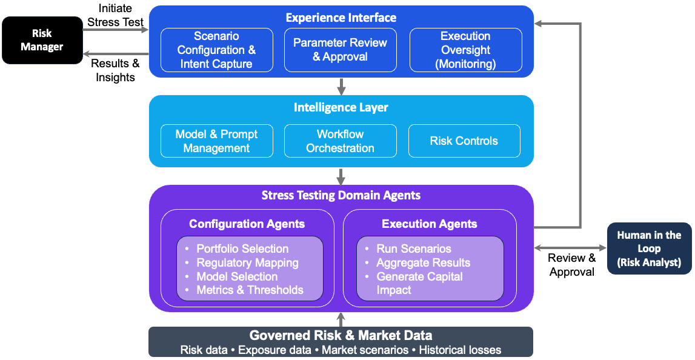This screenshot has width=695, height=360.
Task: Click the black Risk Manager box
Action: (42, 40)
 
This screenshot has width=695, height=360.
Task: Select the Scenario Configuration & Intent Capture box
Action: (216, 50)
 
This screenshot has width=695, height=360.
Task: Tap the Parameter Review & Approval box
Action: (340, 50)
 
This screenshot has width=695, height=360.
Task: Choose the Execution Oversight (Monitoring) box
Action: (465, 50)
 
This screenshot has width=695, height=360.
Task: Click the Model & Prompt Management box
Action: (216, 141)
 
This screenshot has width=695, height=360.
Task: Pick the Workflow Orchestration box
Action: (340, 141)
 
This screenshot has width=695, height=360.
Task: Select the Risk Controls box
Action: (464, 141)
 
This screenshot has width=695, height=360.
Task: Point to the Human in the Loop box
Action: (649, 248)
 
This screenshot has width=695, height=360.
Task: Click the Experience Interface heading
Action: (341, 18)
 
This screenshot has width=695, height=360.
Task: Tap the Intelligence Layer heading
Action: (341, 108)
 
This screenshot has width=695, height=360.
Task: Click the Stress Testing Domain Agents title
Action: (341, 195)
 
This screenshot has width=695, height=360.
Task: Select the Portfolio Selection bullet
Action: (242, 249)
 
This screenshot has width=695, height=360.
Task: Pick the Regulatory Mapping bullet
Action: (247, 263)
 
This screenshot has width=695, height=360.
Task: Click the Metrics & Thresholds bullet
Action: (250, 290)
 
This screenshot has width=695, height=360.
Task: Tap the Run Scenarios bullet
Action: (414, 249)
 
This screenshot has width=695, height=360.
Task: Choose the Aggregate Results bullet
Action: (423, 263)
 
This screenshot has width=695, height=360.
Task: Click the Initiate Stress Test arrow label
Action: (115, 16)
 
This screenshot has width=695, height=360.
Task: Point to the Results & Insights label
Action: (115, 70)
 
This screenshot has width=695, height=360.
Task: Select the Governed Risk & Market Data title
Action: (341, 336)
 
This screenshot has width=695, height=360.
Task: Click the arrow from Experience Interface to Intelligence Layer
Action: (341, 86)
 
